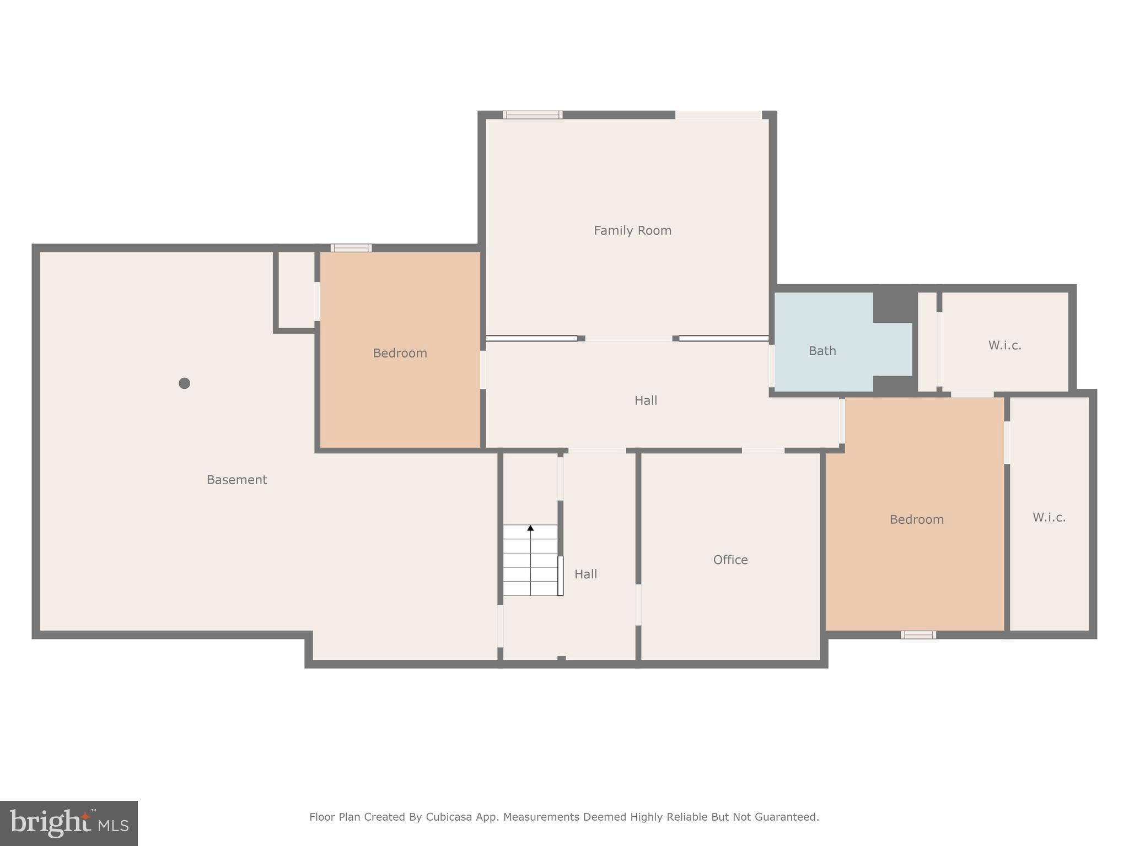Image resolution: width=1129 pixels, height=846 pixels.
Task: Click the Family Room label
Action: (x=632, y=231)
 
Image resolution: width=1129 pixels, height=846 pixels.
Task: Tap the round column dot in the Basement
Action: (x=185, y=383)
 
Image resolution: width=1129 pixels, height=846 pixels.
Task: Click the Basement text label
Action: (x=236, y=480)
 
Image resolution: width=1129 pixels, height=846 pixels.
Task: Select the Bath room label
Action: (x=822, y=351)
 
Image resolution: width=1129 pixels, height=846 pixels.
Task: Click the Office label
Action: (x=730, y=560)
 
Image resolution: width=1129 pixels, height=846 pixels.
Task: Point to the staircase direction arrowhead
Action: (x=530, y=528)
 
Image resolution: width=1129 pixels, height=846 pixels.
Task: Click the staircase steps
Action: (x=530, y=567)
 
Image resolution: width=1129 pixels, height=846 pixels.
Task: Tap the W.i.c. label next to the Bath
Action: (x=1004, y=345)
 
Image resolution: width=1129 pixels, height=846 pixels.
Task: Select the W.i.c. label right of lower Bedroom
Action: (x=1049, y=517)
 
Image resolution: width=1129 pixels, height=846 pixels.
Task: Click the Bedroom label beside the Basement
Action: (x=400, y=353)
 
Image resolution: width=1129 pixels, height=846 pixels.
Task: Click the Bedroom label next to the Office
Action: (x=916, y=519)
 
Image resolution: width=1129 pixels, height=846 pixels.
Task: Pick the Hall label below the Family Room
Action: (x=646, y=400)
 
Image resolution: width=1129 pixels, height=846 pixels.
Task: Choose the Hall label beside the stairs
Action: (x=585, y=574)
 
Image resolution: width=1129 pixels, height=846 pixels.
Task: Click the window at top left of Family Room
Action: (x=533, y=115)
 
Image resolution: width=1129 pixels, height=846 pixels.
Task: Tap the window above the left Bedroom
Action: (x=351, y=248)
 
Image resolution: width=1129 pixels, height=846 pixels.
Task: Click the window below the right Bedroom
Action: (x=918, y=635)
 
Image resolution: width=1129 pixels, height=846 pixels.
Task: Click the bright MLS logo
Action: (x=69, y=823)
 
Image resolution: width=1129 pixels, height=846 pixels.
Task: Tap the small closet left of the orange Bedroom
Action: (x=296, y=290)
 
